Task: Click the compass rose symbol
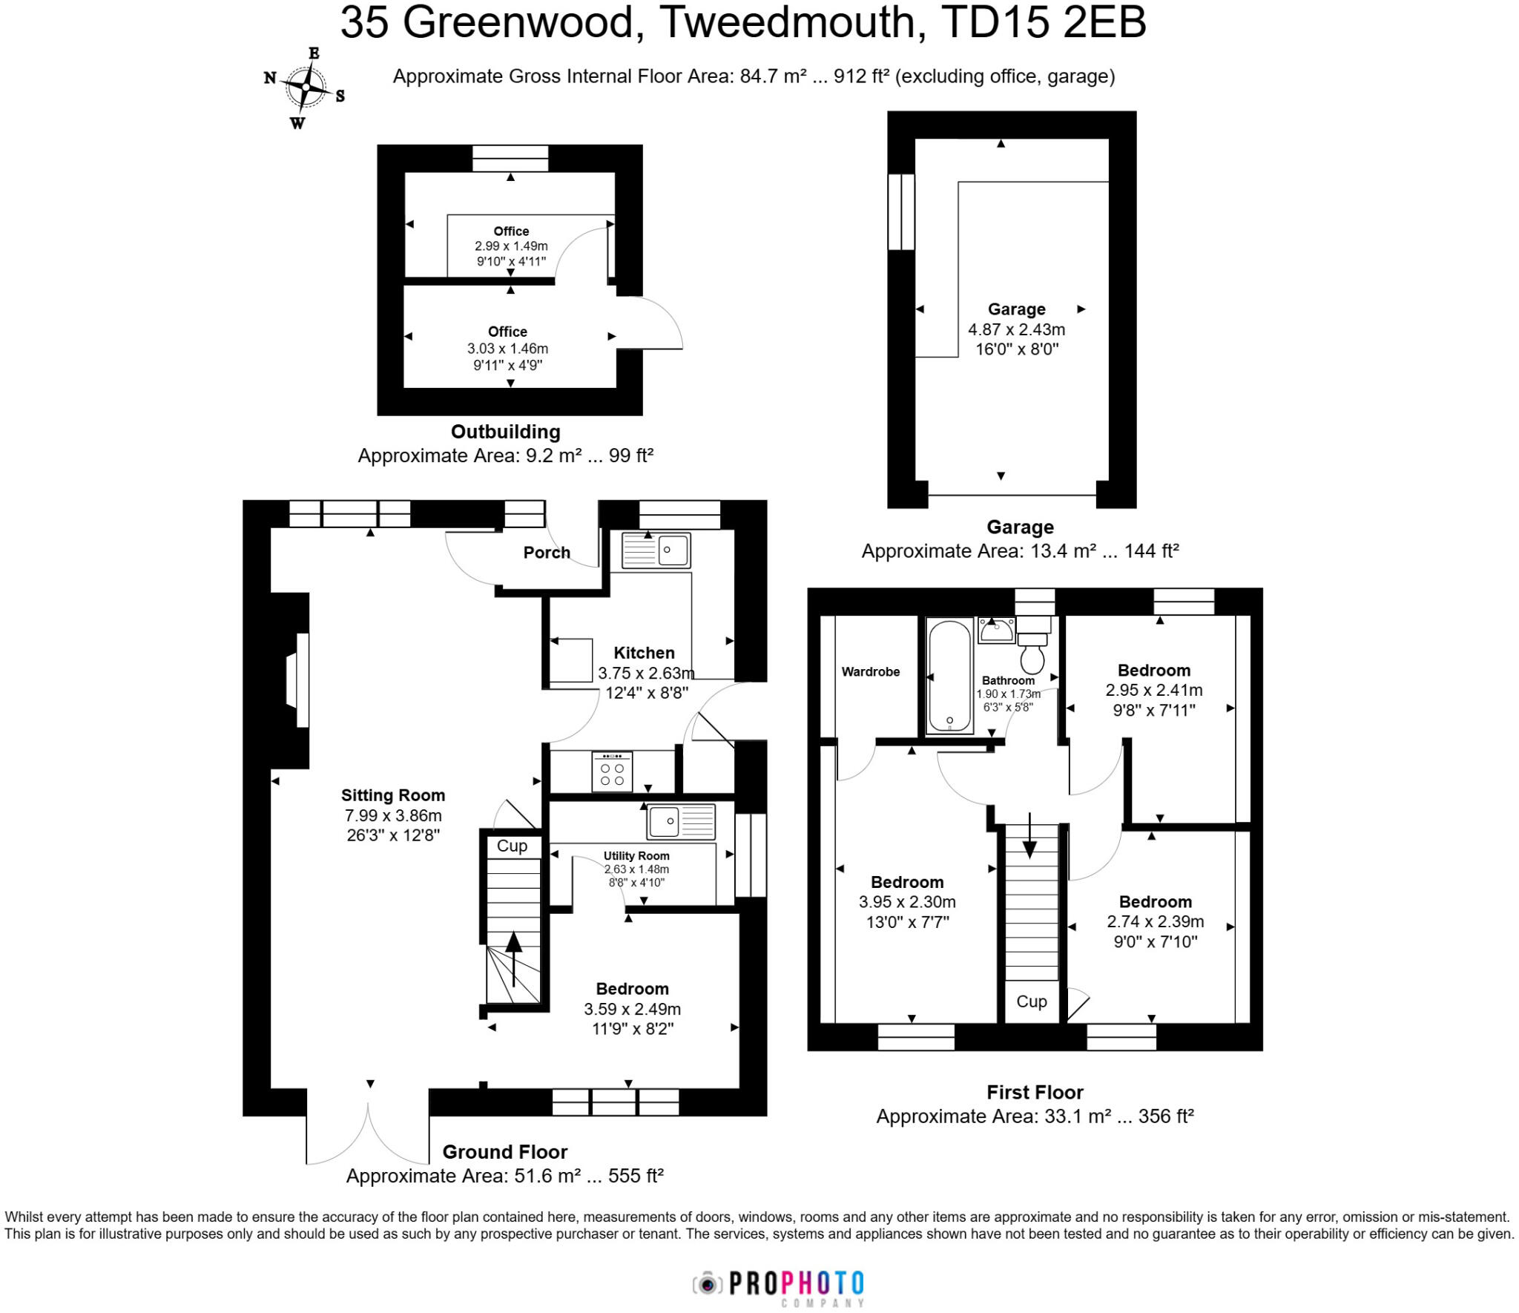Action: (305, 88)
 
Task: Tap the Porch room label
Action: (547, 553)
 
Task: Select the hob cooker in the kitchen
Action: (612, 771)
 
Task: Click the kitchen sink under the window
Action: (656, 550)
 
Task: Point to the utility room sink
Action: (681, 821)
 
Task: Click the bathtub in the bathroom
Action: (949, 676)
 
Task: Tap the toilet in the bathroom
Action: (1032, 653)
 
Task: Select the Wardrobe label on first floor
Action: (870, 672)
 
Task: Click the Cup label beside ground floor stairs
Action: (512, 846)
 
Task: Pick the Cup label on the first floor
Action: (1031, 1001)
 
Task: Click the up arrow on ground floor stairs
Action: (513, 957)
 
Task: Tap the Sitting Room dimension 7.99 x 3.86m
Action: (392, 815)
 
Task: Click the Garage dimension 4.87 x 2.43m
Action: (1016, 329)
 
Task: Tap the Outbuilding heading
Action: (505, 432)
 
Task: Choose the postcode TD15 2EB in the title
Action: (1044, 22)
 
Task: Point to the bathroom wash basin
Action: (997, 631)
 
